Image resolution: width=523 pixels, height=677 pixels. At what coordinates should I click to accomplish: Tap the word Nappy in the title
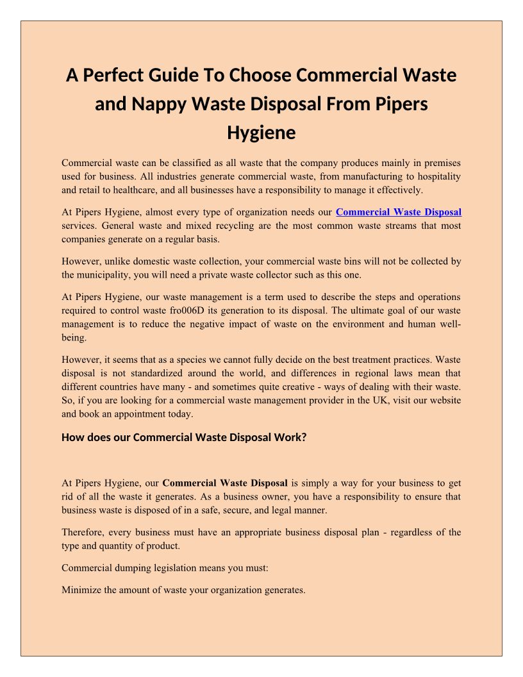pyautogui.click(x=153, y=104)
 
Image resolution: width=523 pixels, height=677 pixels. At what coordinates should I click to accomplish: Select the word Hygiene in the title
pyautogui.click(x=261, y=133)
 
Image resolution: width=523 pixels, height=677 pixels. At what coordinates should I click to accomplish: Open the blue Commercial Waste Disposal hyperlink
pyautogui.click(x=399, y=212)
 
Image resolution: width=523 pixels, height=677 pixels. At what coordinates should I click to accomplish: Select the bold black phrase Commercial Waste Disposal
pyautogui.click(x=225, y=483)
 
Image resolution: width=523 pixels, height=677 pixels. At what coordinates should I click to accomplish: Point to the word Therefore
pyautogui.click(x=83, y=532)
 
